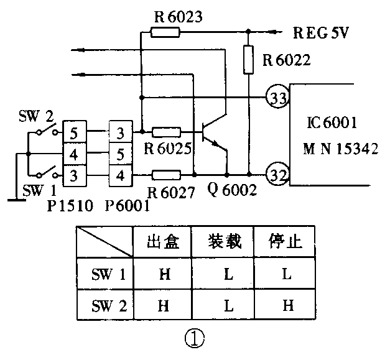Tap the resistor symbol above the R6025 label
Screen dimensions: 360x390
coord(167,132)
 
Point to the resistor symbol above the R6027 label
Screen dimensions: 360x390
coord(167,175)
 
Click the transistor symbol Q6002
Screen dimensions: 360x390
coord(215,132)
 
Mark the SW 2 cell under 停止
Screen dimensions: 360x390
coord(287,305)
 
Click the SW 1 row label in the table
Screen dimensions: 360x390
coord(104,274)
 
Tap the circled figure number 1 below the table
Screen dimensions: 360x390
coord(193,338)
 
